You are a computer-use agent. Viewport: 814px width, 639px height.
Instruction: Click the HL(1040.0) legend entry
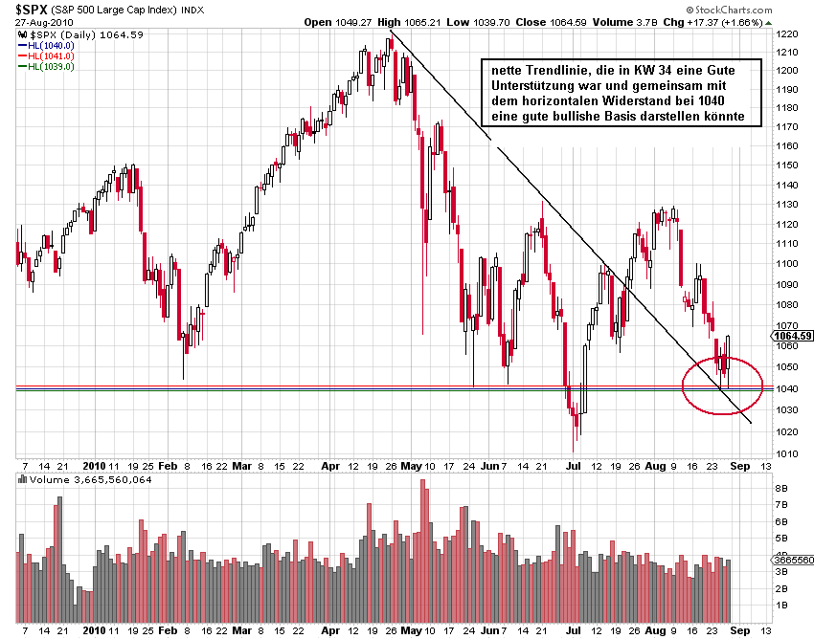[x=51, y=45]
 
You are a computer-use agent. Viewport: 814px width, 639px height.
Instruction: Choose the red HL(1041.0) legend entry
[x=51, y=55]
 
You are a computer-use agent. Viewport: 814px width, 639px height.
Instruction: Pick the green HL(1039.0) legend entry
[x=51, y=66]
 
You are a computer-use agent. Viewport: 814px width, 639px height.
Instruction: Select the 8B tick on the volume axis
[x=780, y=488]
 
